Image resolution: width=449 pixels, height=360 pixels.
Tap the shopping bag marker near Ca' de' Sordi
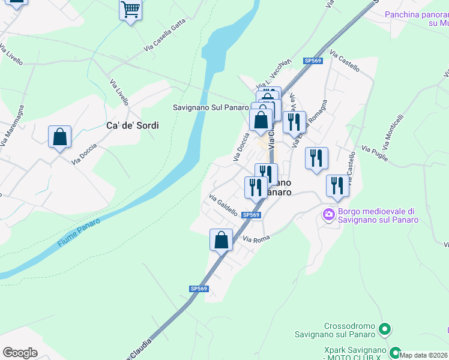pos(60,137)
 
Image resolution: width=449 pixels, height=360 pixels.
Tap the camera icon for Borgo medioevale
pos(329,214)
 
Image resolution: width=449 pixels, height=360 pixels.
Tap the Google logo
pos(20,352)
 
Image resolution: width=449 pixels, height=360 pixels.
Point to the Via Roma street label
pos(256,239)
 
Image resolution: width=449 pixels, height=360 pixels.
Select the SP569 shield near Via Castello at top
pos(313,61)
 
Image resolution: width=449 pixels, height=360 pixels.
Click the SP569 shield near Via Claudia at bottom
pos(199,289)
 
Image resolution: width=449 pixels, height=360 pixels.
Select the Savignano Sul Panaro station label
pos(210,107)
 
